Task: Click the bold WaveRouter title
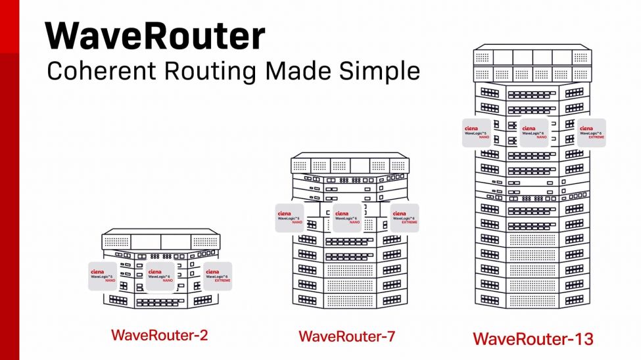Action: click(x=155, y=36)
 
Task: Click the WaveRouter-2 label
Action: click(x=160, y=335)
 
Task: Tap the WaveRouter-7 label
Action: click(x=346, y=336)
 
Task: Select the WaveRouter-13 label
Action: click(x=533, y=339)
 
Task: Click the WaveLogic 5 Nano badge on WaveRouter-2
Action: click(x=102, y=276)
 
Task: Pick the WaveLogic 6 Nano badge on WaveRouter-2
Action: click(x=160, y=276)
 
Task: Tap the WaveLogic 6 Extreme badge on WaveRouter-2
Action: click(x=218, y=276)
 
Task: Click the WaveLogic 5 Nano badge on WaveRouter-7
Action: click(x=289, y=217)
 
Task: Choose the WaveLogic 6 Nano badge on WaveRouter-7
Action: click(x=347, y=217)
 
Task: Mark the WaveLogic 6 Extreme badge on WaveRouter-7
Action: click(x=404, y=217)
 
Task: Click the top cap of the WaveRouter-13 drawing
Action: click(x=533, y=56)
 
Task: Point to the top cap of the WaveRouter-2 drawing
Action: click(x=160, y=239)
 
